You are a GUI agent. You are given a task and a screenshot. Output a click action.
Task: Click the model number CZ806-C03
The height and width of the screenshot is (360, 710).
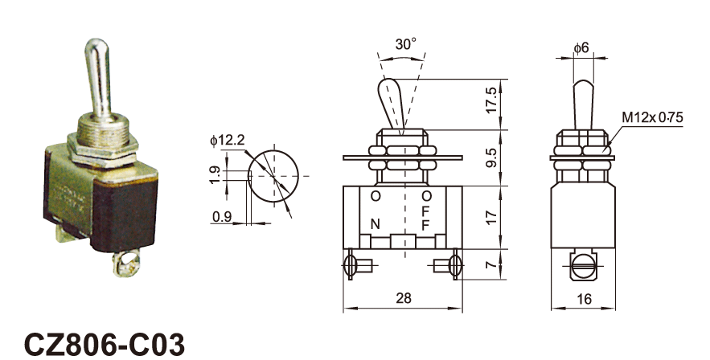(104, 345)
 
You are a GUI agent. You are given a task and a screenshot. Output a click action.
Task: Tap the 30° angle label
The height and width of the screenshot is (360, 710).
(405, 44)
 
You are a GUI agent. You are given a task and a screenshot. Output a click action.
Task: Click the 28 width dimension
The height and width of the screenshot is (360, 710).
(404, 298)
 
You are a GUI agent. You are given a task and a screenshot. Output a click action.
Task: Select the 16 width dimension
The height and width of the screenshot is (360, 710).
(584, 299)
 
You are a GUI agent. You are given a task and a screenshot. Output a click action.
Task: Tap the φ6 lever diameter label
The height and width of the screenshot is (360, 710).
(581, 47)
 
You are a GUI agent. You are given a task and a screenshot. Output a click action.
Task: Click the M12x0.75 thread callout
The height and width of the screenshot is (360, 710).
(652, 117)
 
